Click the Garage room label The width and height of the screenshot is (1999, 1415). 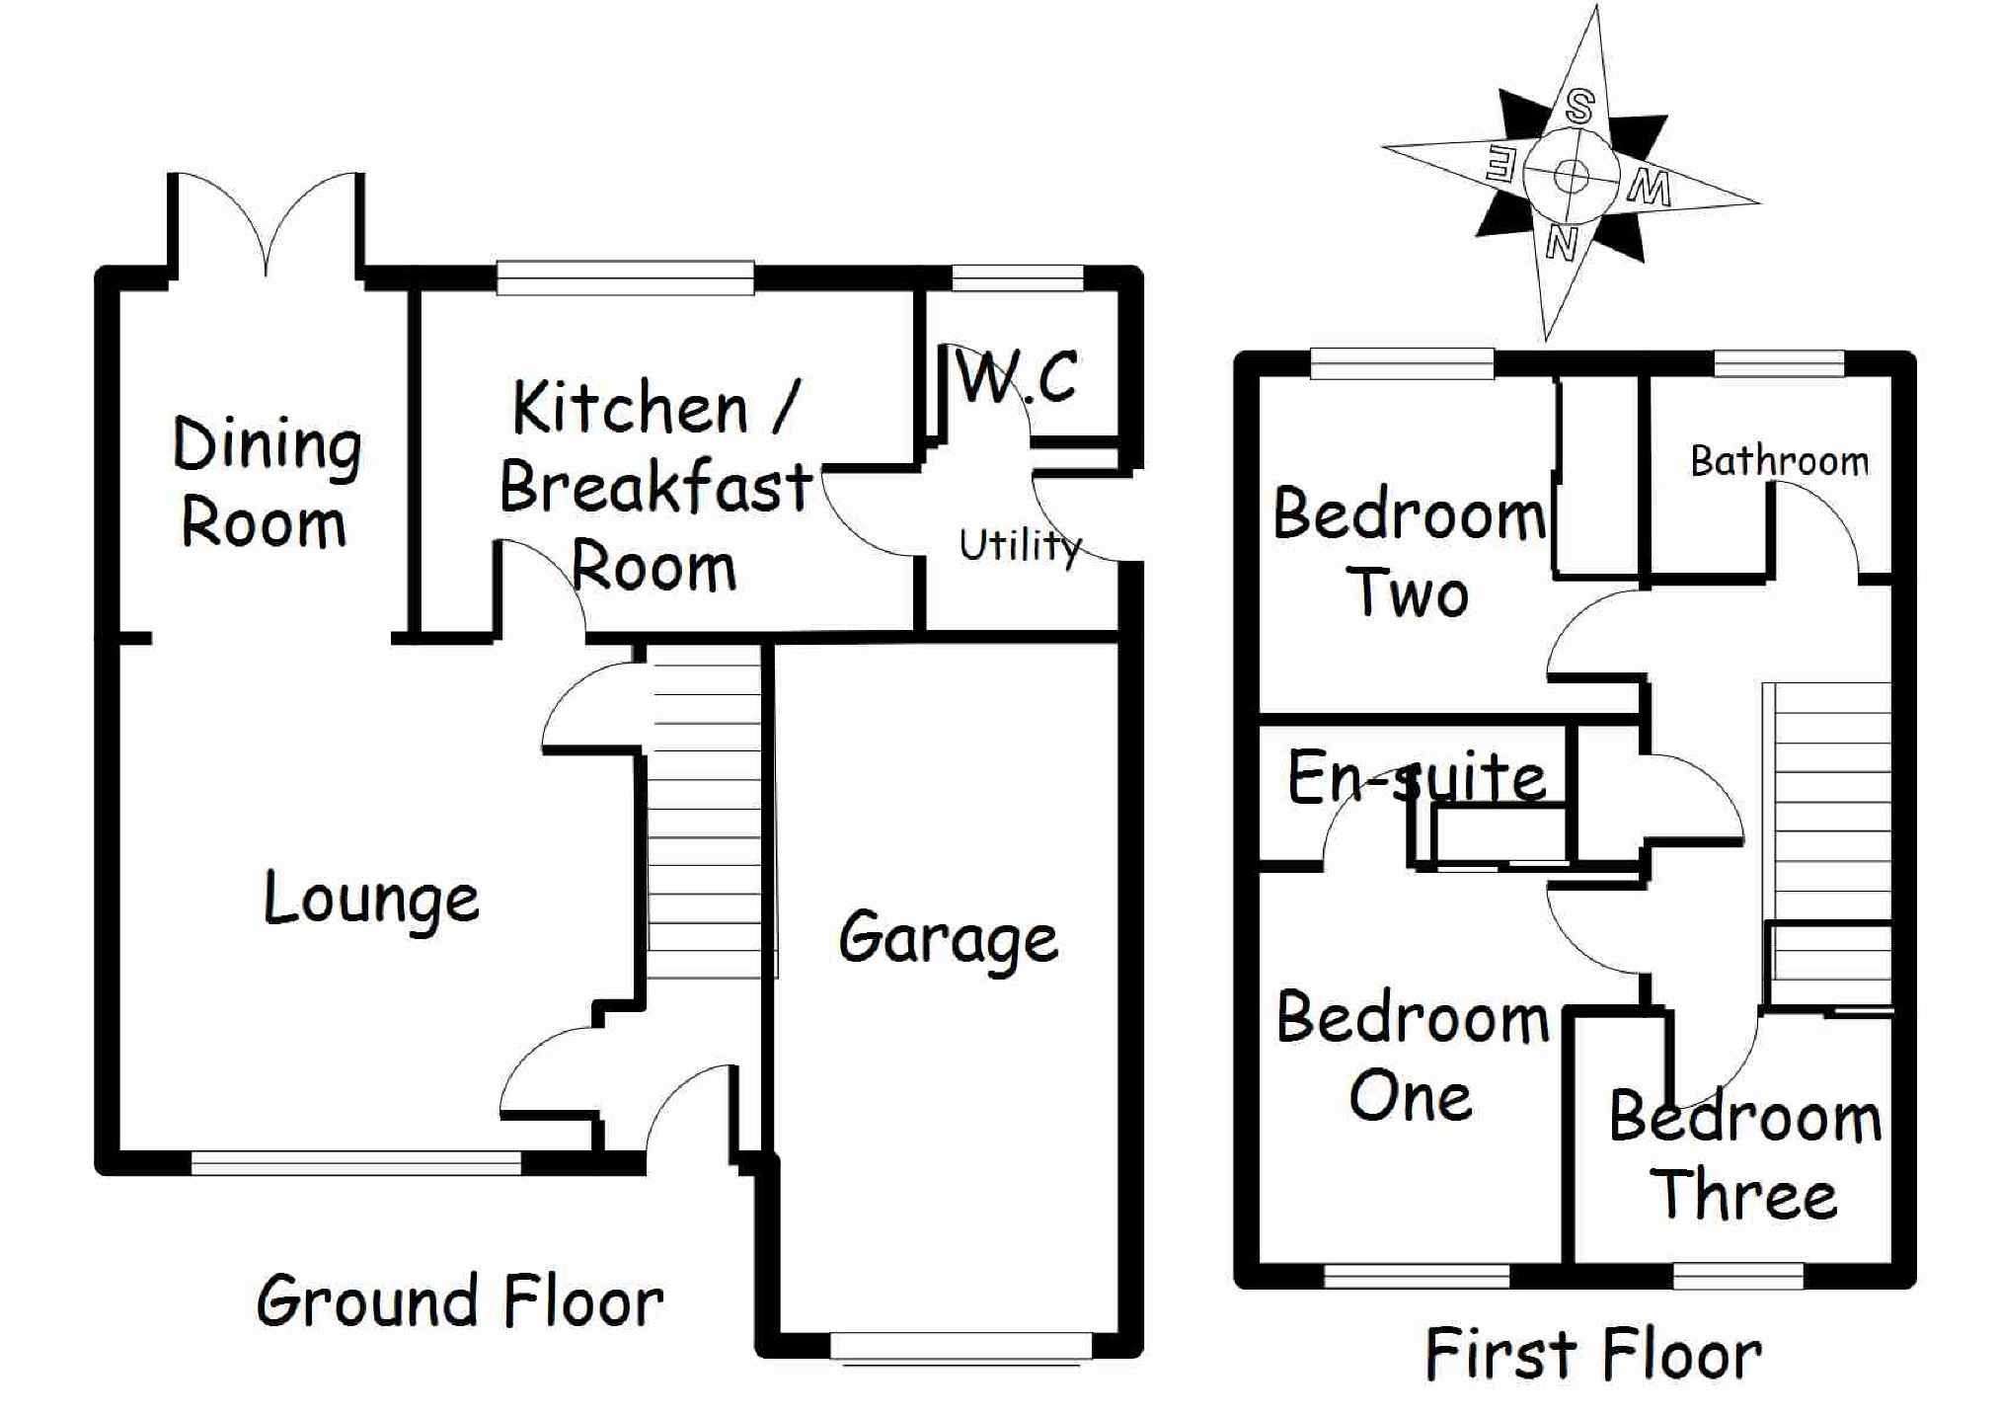[949, 938]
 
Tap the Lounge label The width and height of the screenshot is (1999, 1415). [371, 900]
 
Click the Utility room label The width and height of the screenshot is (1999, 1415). [1020, 545]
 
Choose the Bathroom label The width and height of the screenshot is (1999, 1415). [1779, 461]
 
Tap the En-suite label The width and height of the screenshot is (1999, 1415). [1417, 778]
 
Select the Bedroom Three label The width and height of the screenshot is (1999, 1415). [1744, 1155]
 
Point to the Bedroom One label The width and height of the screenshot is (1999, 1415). [1413, 1057]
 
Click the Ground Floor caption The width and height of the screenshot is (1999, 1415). [460, 1301]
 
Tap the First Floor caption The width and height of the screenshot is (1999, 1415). [1593, 1354]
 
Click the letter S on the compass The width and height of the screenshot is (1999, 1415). [1579, 107]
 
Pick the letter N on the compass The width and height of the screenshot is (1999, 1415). [1561, 241]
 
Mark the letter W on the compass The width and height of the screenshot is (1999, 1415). [1650, 187]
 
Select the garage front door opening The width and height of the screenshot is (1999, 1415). [961, 1347]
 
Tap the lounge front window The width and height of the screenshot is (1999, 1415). [355, 1163]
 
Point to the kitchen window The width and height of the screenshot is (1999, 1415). [625, 278]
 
